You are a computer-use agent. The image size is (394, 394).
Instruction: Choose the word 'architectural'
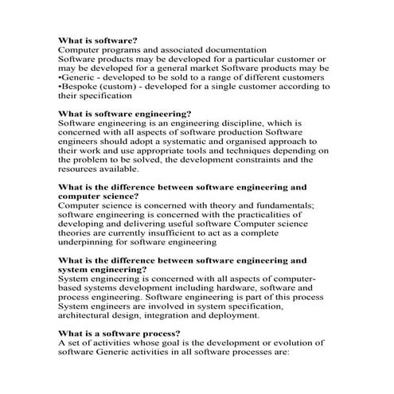click(92, 315)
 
